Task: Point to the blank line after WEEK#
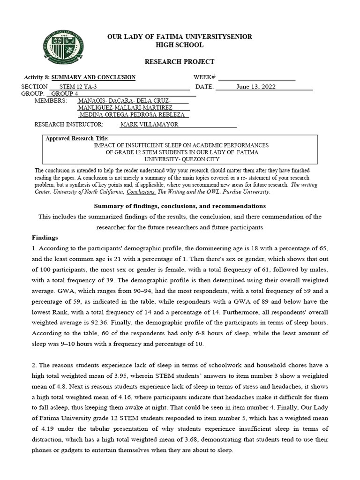[x=256, y=77]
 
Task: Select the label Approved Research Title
[x=77, y=139]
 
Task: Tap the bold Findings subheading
[x=45, y=238]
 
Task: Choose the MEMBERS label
[x=51, y=101]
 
